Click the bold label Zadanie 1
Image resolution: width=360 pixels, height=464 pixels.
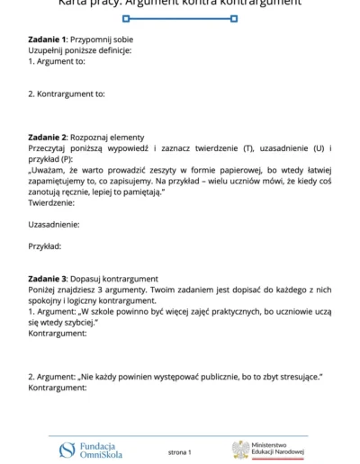[x=47, y=40]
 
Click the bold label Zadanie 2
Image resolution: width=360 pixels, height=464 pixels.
[x=47, y=137]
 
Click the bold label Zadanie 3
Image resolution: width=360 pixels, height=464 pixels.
[x=47, y=279]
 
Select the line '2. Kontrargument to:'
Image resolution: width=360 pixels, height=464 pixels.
[x=67, y=94]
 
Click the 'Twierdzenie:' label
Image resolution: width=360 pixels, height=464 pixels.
[x=51, y=202]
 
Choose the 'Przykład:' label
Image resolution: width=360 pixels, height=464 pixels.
[x=45, y=245]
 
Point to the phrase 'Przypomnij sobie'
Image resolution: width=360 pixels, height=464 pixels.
[x=100, y=40]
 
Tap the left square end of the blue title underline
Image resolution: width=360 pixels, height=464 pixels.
[x=126, y=18]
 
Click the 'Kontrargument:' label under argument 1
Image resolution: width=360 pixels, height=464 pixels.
[x=58, y=333]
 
